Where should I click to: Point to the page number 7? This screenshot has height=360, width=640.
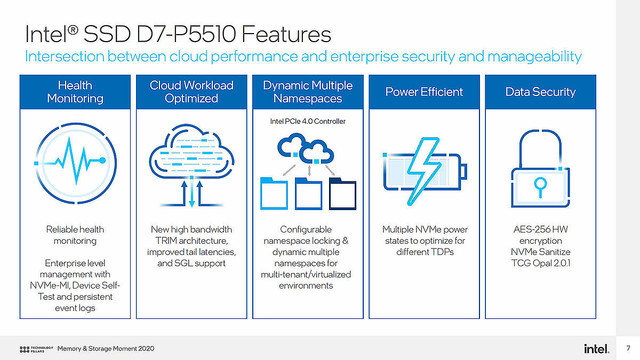coord(626,346)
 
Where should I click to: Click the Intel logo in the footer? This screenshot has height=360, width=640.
coord(595,346)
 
